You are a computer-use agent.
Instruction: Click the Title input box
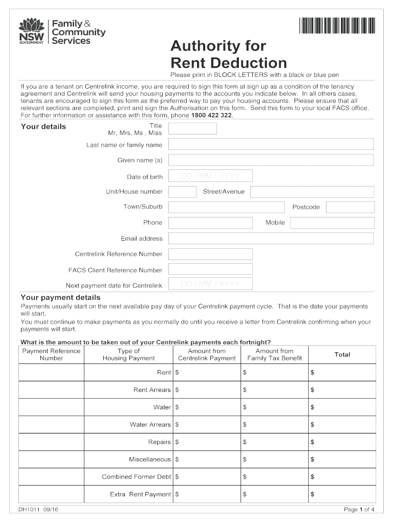point(192,128)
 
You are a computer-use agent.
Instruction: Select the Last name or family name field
point(271,145)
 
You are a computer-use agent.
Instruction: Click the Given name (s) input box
point(271,160)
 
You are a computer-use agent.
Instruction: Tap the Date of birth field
point(210,176)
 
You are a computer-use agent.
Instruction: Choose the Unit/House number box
point(182,192)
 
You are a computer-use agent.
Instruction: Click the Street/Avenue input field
point(312,192)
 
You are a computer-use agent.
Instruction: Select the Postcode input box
point(350,207)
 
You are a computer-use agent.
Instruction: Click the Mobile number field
point(332,223)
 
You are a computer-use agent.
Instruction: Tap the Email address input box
point(271,239)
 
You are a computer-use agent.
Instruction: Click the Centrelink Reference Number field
point(210,254)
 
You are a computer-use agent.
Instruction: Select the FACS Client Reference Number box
point(210,269)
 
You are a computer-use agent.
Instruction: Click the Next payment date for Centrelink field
point(210,284)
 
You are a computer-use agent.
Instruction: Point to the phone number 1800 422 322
point(211,115)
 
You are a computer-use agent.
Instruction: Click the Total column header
point(342,354)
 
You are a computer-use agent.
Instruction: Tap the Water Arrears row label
point(150,425)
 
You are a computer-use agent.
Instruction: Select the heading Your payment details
point(60,297)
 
